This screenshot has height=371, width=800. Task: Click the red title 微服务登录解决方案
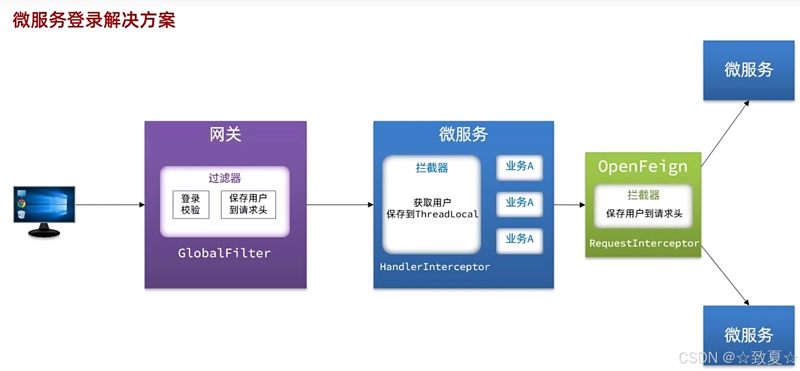[x=94, y=20]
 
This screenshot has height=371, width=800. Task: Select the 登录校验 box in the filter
[x=191, y=205]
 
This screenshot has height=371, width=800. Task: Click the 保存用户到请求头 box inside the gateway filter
[x=248, y=205]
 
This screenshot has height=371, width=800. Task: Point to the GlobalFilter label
[x=224, y=253]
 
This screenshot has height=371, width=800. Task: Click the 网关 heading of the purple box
[x=225, y=134]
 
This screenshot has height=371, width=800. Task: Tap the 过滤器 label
[x=225, y=178]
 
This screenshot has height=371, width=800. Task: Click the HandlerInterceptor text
[x=435, y=267]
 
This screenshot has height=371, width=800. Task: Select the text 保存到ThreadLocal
[x=432, y=214]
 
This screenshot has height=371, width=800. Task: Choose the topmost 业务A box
[x=519, y=166]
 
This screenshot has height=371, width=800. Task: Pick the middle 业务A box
[x=519, y=203]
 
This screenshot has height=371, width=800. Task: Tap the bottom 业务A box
[x=519, y=240]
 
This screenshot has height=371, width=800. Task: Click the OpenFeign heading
[x=643, y=166]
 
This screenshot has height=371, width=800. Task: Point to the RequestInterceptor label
[x=644, y=243]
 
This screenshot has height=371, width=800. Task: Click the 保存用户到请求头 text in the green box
[x=644, y=213]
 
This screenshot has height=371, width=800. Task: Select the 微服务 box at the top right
[x=748, y=70]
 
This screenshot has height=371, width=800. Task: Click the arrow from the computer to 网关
[x=110, y=205]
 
